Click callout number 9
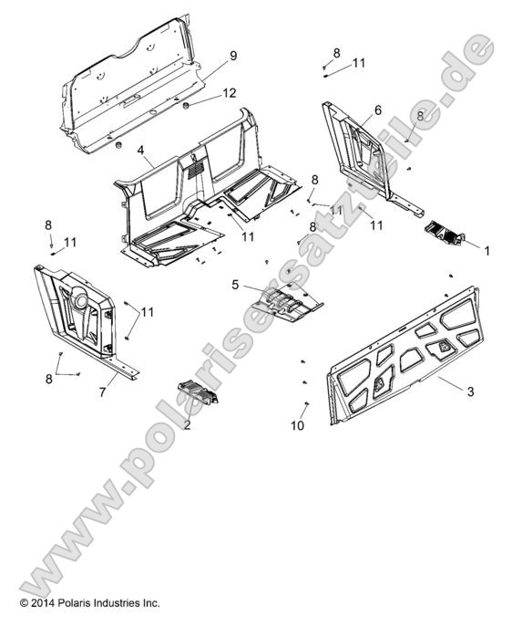pyautogui.click(x=233, y=56)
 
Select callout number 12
pyautogui.click(x=230, y=93)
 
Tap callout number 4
pyautogui.click(x=141, y=148)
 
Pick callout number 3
pyautogui.click(x=470, y=391)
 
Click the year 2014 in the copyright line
pyautogui.click(x=46, y=603)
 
